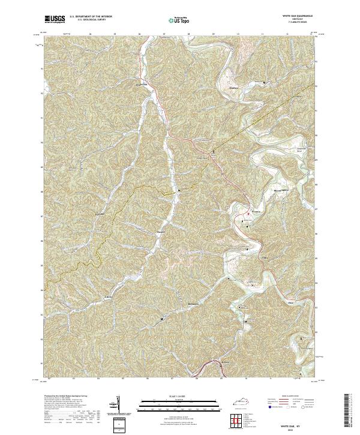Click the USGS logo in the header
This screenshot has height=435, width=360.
(x=55, y=20)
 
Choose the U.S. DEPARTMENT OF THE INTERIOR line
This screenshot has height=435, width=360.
(x=91, y=17)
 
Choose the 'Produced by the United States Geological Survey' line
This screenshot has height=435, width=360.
(x=65, y=396)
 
